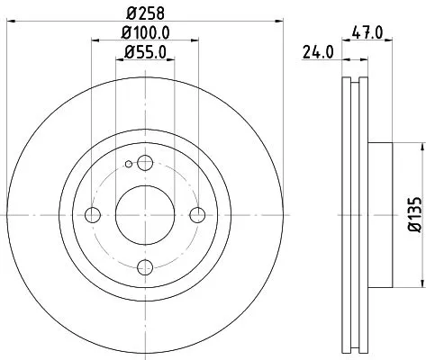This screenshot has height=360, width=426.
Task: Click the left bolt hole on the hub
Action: (92, 214)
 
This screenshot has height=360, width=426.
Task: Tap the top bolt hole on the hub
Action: (144, 162)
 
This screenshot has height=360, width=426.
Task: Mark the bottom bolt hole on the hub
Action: (144, 266)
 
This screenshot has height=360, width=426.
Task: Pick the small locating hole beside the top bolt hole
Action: (130, 164)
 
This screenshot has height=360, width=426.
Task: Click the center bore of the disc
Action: (144, 214)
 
